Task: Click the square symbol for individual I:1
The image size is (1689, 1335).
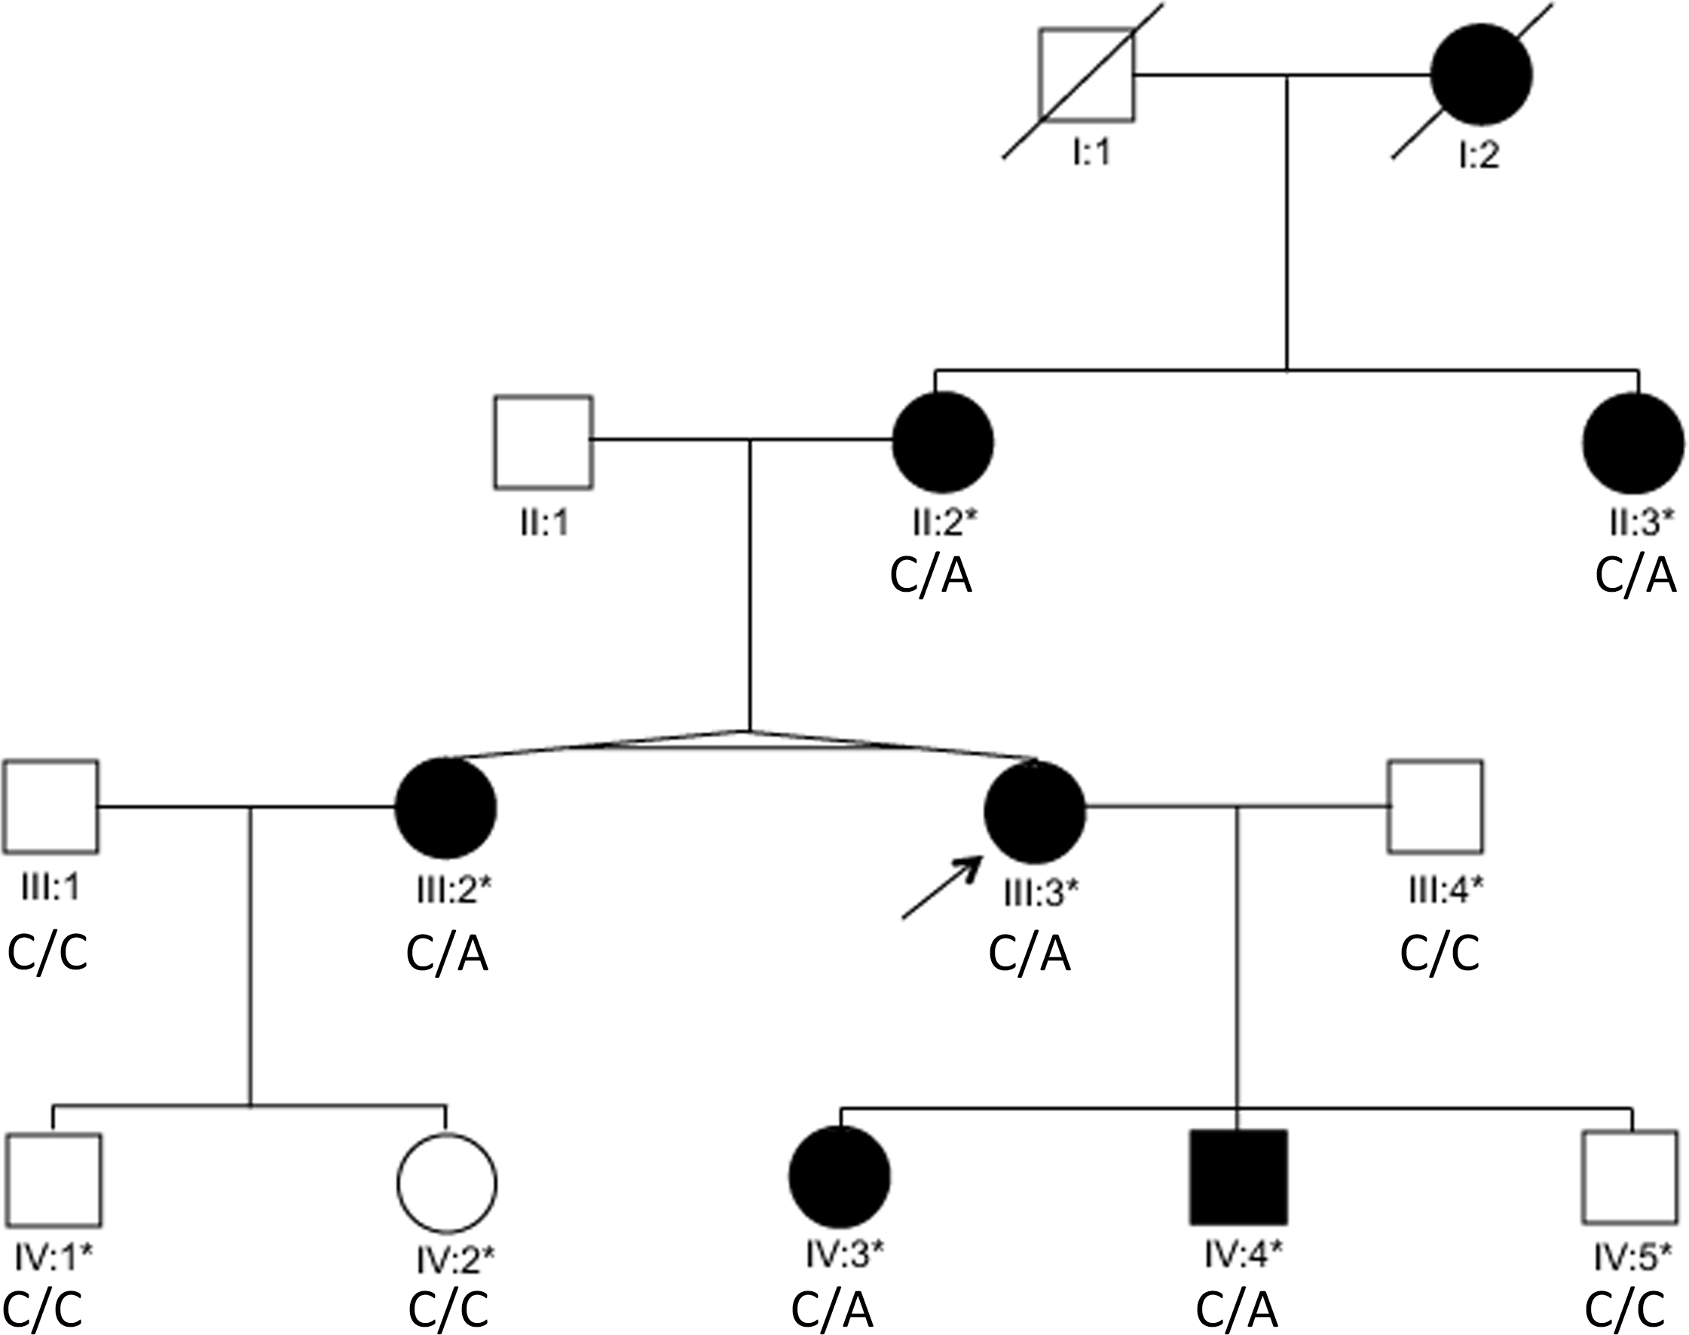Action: tap(1086, 75)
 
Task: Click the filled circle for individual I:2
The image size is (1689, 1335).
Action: tap(1480, 75)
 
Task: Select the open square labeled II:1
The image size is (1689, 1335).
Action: tap(543, 442)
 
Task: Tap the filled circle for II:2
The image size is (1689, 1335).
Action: tap(943, 442)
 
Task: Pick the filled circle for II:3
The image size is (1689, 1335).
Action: tap(1632, 444)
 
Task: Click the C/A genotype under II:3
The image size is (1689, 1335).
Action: tap(1635, 576)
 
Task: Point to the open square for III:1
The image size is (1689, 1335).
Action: tap(50, 806)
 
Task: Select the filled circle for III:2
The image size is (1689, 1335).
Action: tap(445, 807)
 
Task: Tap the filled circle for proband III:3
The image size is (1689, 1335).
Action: tap(1034, 811)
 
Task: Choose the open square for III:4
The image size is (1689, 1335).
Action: tap(1435, 806)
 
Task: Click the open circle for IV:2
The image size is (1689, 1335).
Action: tap(446, 1183)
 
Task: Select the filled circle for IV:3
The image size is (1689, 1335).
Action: tap(840, 1177)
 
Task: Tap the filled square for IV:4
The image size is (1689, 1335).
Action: tap(1238, 1177)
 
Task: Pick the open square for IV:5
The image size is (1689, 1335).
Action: tap(1629, 1177)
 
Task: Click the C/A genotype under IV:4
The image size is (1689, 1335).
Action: tap(1237, 1309)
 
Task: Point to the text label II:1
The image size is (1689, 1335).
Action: tap(544, 522)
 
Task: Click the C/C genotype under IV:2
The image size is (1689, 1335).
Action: tap(448, 1309)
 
